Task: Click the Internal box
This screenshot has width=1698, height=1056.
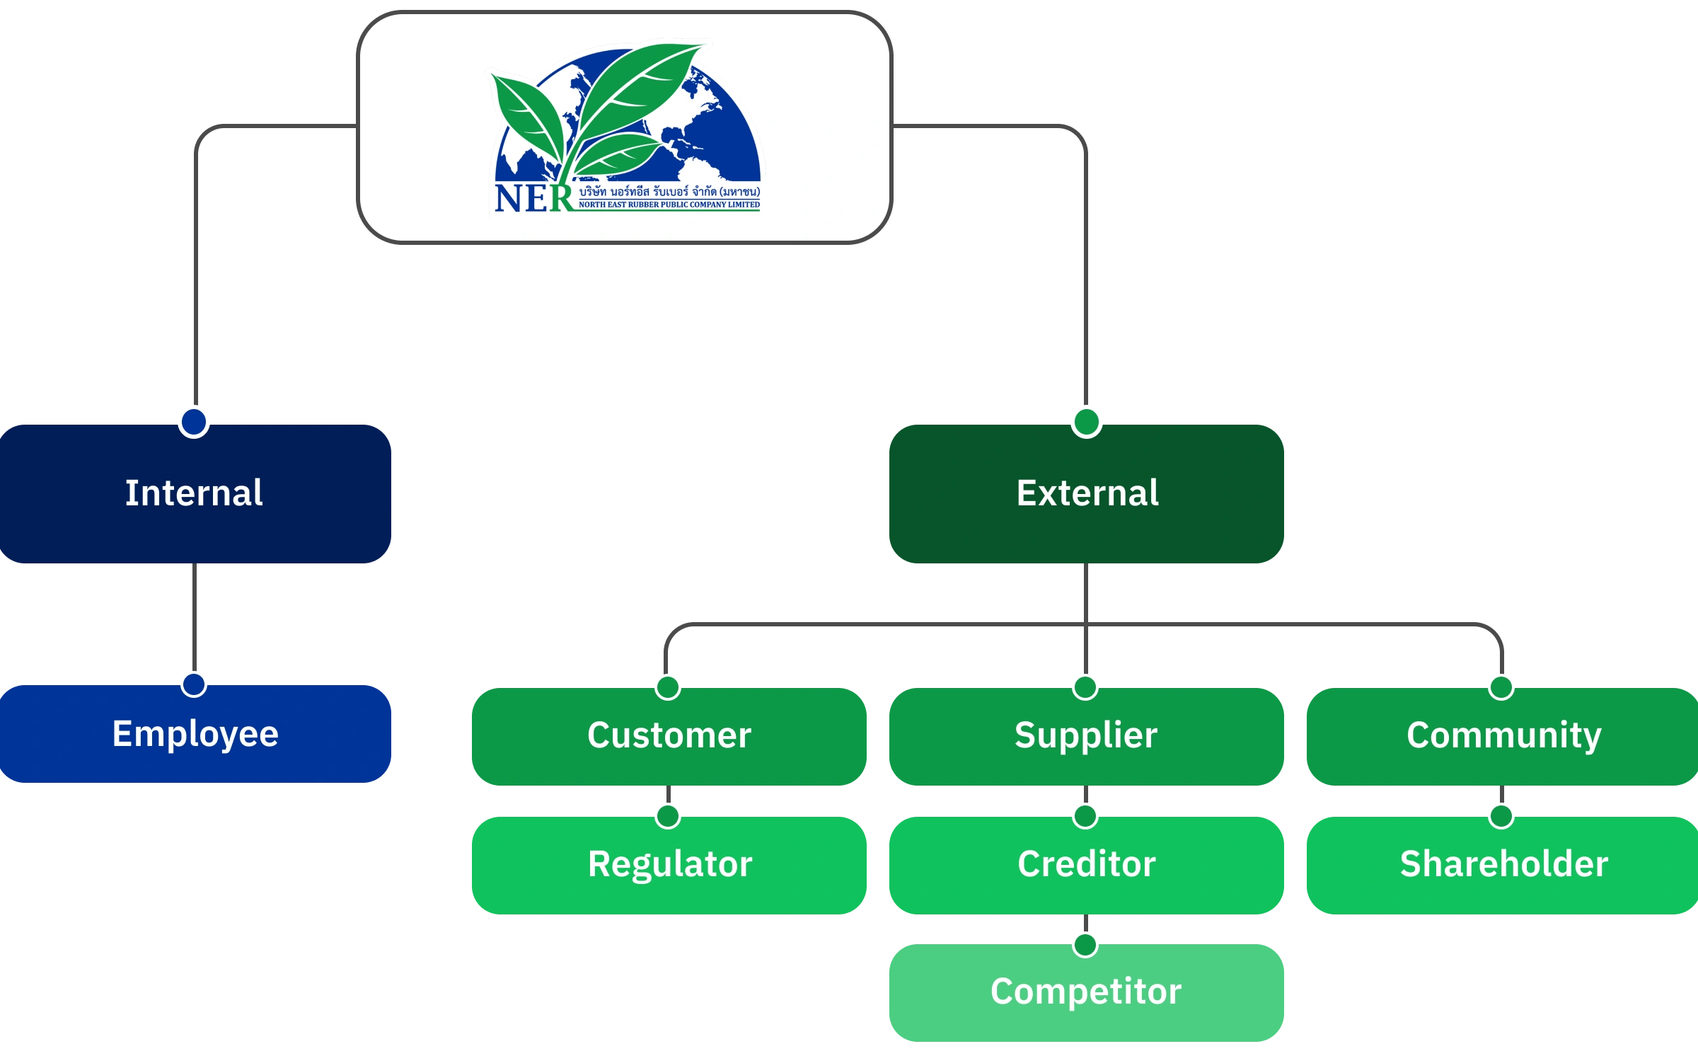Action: point(195,494)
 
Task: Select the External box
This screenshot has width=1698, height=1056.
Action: point(1087,494)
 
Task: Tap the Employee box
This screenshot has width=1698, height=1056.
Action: point(195,735)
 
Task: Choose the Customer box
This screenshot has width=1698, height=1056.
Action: point(669,736)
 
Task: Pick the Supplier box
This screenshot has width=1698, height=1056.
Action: point(1087,736)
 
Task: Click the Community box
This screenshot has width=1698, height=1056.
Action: point(1503,736)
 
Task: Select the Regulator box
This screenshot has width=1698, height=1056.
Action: point(669,865)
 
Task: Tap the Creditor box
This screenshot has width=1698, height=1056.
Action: point(1087,865)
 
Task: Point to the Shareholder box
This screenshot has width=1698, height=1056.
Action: point(1503,865)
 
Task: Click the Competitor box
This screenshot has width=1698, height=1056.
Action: point(1087,992)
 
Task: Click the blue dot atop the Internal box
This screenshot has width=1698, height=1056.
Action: point(194,422)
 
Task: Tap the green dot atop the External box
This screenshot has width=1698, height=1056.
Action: point(1087,422)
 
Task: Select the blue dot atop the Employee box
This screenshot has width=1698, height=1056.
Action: point(194,684)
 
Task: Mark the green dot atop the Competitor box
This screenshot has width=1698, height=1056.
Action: point(1085,944)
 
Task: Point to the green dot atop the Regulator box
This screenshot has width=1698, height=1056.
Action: point(668,815)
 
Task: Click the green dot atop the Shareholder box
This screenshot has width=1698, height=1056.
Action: point(1501,815)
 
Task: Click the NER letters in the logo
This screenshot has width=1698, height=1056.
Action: point(533,198)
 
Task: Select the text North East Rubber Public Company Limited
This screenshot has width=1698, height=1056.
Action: point(669,205)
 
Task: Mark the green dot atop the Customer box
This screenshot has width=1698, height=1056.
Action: point(668,687)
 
